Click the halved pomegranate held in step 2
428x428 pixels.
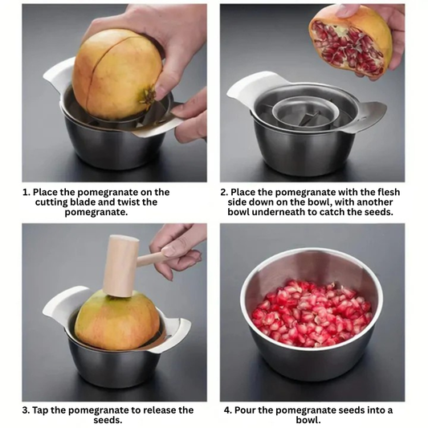[x=351, y=40]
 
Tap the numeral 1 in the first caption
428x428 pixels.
[x=26, y=193]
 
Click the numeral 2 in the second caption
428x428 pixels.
[x=225, y=193]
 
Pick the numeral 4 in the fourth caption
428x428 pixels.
[x=227, y=410]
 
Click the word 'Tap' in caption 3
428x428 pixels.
[x=42, y=410]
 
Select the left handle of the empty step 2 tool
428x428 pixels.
[x=245, y=88]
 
